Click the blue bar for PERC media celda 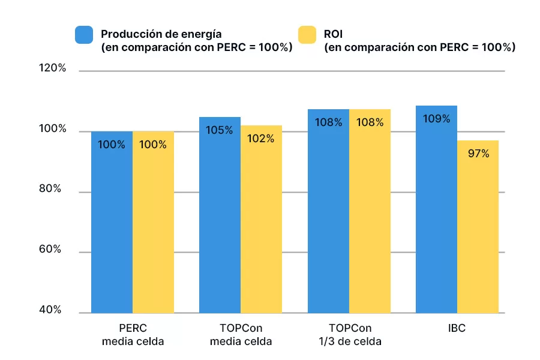click(112, 222)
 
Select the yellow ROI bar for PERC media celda click(153, 222)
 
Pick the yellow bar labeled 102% click(261, 219)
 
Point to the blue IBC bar click(436, 209)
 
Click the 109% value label click(436, 119)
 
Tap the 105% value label click(220, 130)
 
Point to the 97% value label click(478, 154)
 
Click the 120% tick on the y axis click(52, 68)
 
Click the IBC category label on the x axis click(457, 329)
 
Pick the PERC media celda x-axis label click(133, 335)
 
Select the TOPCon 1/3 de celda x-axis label click(350, 335)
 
